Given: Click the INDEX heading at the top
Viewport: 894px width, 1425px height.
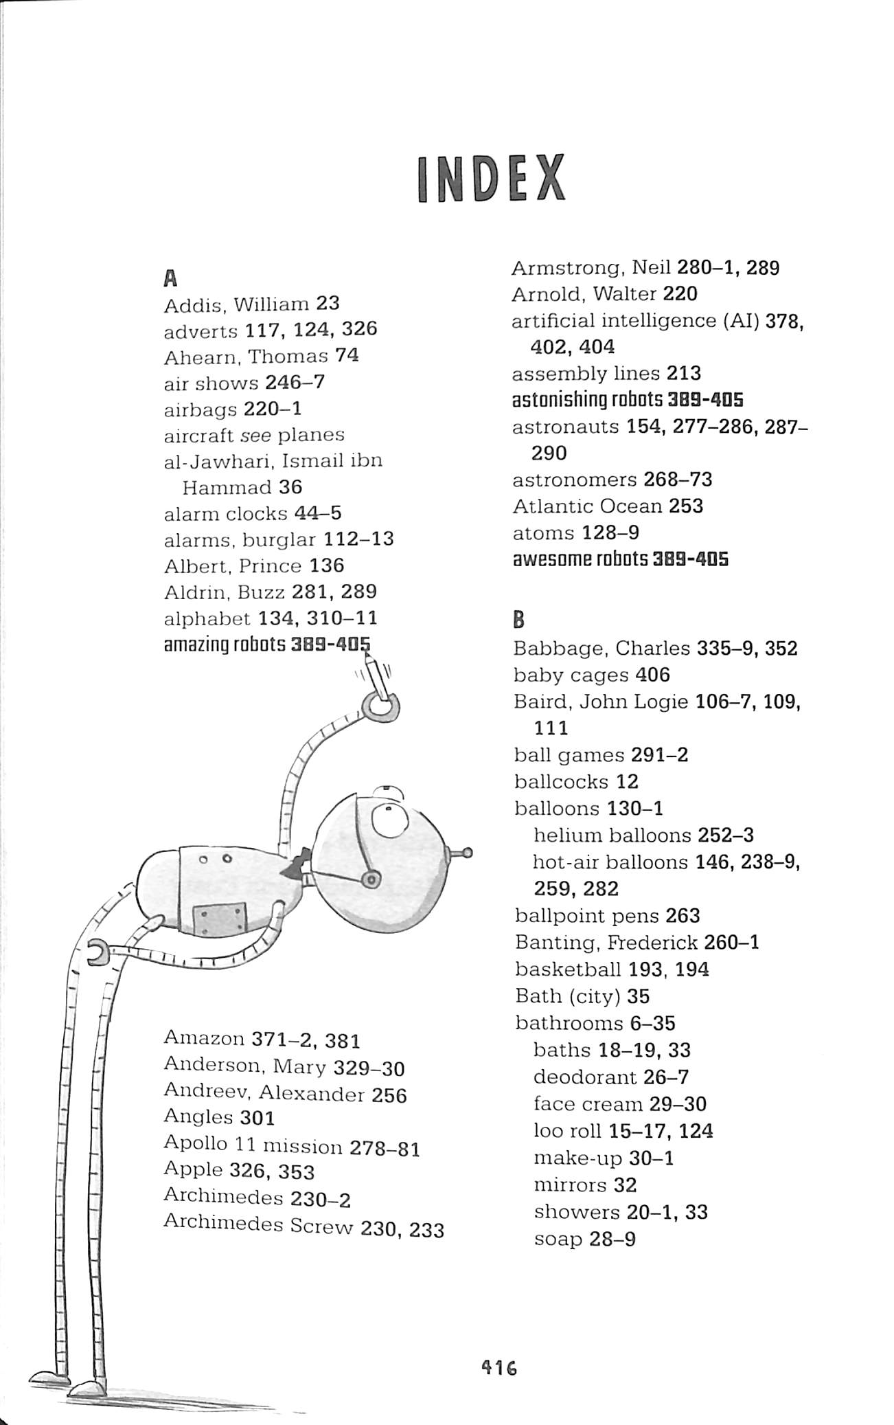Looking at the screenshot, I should [491, 179].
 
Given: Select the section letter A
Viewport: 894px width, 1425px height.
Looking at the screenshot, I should [171, 278].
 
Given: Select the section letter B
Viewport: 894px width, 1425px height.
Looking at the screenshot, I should [519, 620].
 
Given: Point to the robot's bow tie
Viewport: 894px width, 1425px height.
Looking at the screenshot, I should [297, 865].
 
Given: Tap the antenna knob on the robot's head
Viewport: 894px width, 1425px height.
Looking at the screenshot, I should [468, 854].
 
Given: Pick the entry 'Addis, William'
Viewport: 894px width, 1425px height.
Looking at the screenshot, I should [236, 304].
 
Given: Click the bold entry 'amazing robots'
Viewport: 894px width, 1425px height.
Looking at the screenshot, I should [225, 645].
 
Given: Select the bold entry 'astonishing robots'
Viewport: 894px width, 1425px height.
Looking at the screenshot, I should [588, 399].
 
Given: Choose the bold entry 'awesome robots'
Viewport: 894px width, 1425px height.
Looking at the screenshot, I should [580, 559].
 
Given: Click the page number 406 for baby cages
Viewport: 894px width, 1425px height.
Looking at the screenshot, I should [652, 675].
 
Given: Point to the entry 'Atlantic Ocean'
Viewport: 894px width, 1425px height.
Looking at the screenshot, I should [587, 506].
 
